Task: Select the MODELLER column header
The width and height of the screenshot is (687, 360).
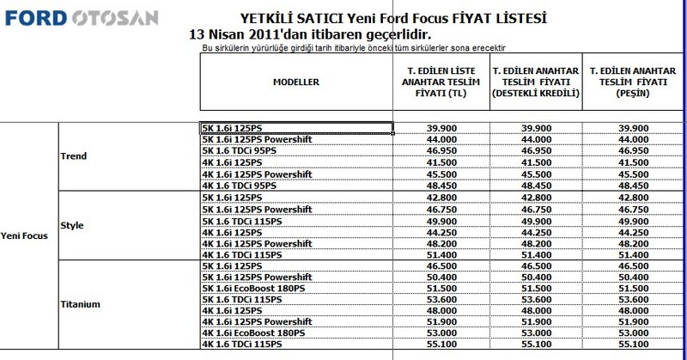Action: [296, 82]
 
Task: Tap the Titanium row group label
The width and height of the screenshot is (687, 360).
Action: [77, 303]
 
